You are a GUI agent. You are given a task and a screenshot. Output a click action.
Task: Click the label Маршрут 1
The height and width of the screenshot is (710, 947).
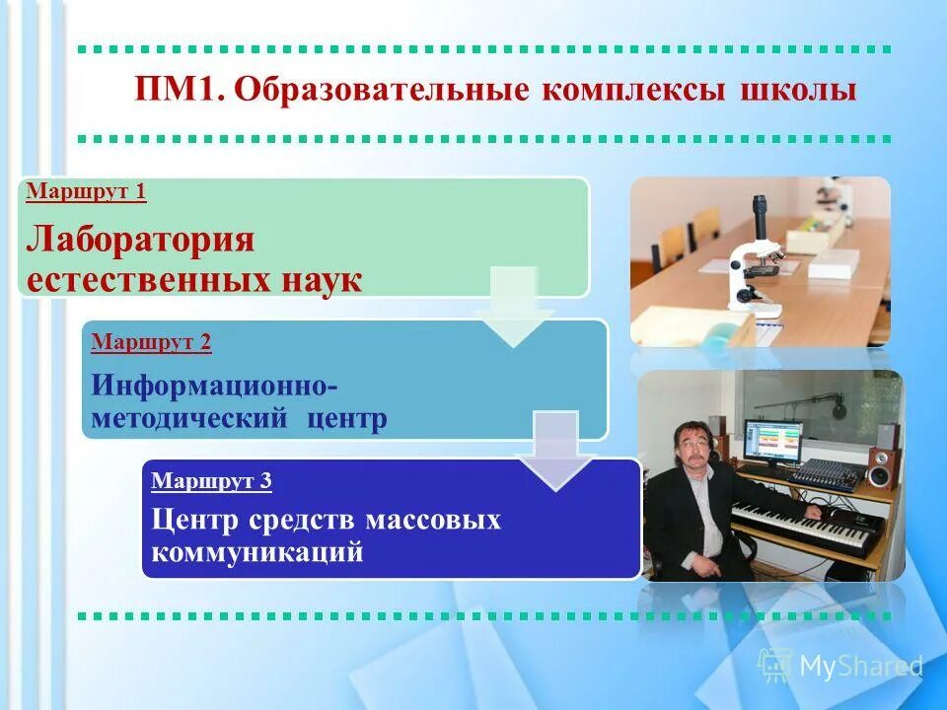[x=85, y=191]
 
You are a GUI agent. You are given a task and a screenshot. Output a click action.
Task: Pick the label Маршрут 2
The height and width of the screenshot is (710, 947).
[x=151, y=343]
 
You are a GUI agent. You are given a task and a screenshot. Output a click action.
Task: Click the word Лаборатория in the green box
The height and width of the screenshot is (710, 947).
[x=140, y=240]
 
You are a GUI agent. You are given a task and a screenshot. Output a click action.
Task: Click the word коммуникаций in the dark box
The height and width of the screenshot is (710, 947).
[x=257, y=552]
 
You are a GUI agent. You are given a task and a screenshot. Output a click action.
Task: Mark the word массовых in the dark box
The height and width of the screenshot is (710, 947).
[x=433, y=520]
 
